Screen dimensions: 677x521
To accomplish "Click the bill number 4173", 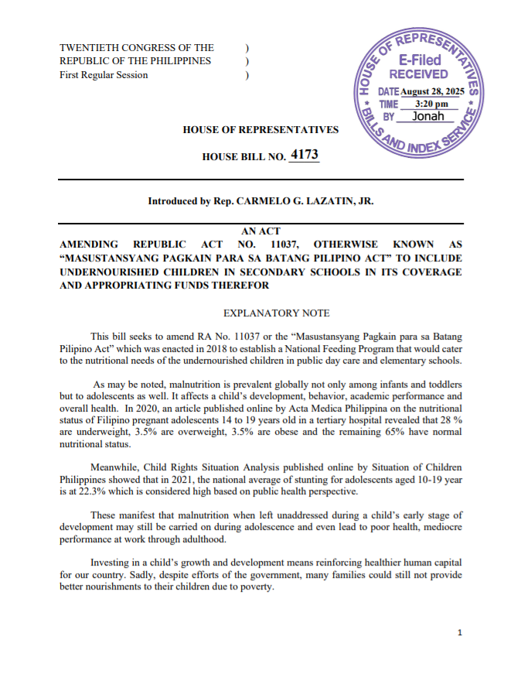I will [x=304, y=155].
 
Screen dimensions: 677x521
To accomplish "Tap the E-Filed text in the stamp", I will [x=420, y=60].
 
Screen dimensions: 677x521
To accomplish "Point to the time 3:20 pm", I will [x=431, y=104].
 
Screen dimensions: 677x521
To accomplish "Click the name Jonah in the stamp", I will [x=428, y=116].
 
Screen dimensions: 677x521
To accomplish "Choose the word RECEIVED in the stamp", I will [x=418, y=74].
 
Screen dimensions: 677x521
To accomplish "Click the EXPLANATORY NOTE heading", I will [x=276, y=313].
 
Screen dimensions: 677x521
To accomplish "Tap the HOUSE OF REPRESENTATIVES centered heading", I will [x=260, y=129].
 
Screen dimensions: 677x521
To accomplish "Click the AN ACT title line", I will [x=260, y=231].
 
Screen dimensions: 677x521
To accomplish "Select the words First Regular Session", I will [x=104, y=75].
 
